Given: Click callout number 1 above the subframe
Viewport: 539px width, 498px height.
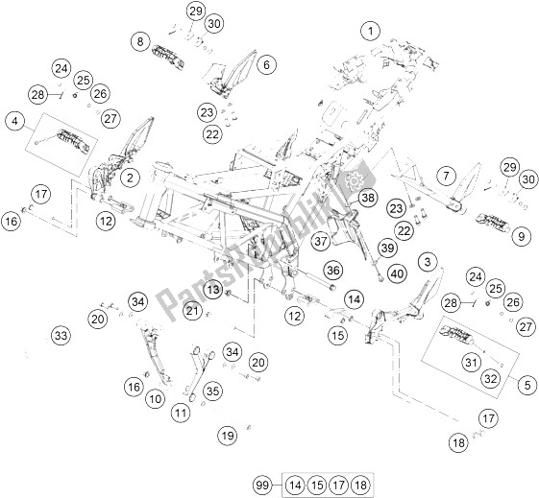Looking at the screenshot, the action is tap(370, 32).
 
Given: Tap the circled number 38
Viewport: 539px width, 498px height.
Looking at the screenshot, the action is tap(367, 198).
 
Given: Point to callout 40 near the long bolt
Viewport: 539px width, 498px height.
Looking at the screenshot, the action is tap(397, 273).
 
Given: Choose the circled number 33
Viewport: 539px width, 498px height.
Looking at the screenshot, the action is tap(61, 335).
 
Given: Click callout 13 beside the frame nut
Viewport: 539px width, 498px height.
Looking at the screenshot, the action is tap(213, 290).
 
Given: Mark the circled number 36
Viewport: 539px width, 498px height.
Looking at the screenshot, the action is tap(333, 271).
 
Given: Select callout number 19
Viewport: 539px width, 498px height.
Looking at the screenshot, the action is tap(228, 436).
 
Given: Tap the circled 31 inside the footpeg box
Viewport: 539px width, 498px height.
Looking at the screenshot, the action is tap(472, 362).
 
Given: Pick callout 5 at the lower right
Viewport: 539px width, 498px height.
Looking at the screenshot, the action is tap(527, 385).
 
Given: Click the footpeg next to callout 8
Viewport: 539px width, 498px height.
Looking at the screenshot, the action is tap(168, 58).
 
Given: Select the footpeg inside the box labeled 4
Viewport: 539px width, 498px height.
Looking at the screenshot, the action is tap(74, 140).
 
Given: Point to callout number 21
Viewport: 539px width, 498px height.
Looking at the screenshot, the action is tap(192, 311).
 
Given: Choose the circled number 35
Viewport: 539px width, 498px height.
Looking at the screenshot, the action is tap(212, 391).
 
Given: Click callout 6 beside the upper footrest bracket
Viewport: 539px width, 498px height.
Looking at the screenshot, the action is tap(267, 64).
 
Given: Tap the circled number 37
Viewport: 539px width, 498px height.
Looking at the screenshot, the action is tap(321, 241).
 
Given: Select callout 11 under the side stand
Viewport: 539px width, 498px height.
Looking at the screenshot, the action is tap(181, 413).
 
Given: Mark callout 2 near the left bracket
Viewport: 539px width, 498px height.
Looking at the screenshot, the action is tap(130, 178).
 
